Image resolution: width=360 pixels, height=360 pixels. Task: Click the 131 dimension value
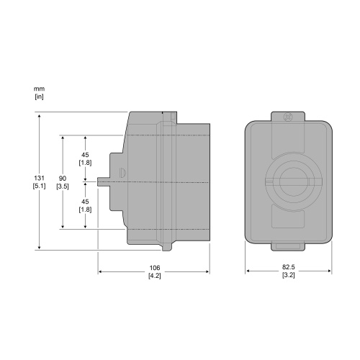(x=39, y=178)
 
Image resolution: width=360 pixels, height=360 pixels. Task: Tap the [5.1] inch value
(x=39, y=186)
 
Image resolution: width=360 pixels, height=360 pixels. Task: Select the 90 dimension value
(x=63, y=179)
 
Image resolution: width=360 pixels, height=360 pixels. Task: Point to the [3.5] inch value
(x=63, y=186)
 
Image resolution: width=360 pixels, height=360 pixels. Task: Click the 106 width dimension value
(x=155, y=268)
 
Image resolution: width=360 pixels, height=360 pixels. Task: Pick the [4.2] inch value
(x=155, y=276)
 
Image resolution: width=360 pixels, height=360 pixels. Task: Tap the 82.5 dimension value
(x=289, y=267)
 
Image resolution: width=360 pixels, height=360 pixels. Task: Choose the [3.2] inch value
(x=289, y=275)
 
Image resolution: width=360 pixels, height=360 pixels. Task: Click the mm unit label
(x=39, y=89)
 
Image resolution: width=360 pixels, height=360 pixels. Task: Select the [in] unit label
(x=39, y=96)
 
